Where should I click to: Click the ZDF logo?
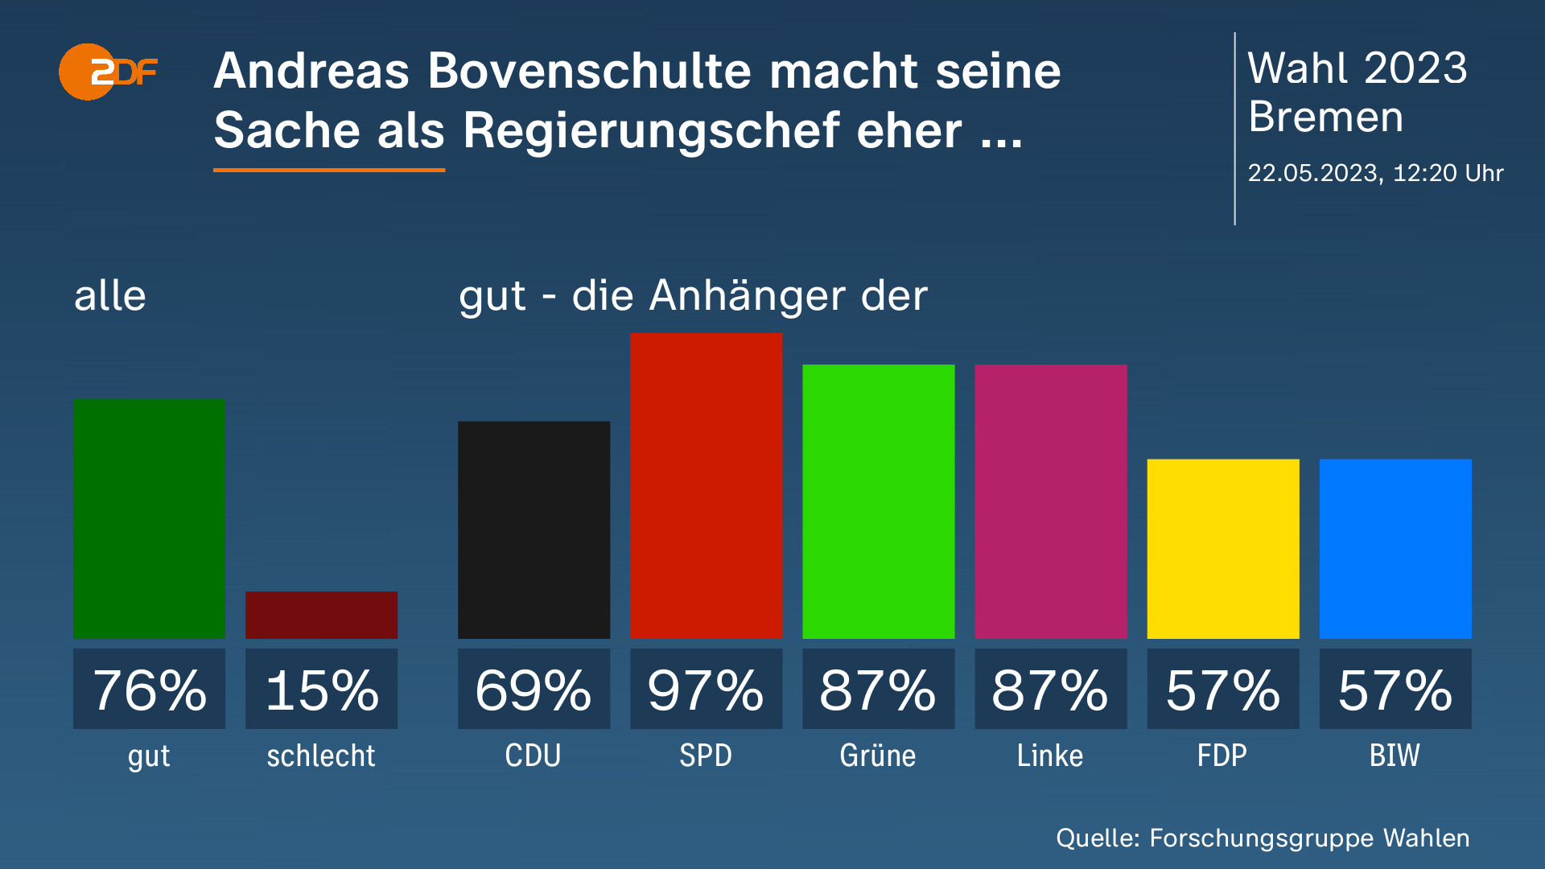click(107, 72)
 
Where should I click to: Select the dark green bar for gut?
click(149, 518)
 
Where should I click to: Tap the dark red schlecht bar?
click(321, 615)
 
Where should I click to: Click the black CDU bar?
click(534, 529)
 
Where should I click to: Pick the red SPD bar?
click(706, 485)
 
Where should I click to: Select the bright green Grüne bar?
click(878, 501)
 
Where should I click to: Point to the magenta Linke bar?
click(1050, 501)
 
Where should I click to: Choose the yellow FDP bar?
click(1222, 549)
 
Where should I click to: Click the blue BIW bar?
click(1395, 549)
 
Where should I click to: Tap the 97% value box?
click(706, 689)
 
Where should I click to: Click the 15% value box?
click(321, 689)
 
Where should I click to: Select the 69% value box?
click(534, 689)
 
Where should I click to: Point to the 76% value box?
click(149, 689)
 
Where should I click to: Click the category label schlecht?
click(321, 756)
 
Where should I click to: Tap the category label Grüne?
click(878, 756)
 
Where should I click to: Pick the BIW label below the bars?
click(1395, 756)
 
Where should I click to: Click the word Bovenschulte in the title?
click(591, 71)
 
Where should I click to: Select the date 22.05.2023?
click(1312, 173)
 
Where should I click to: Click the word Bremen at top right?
click(1325, 117)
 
